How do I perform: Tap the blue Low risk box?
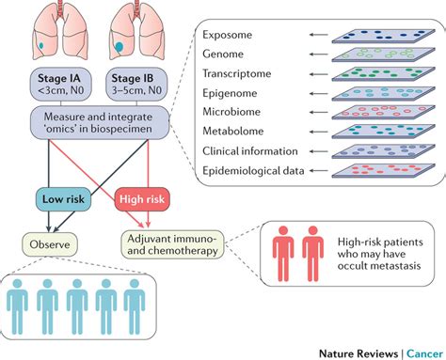64,198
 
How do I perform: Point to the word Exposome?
231,36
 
